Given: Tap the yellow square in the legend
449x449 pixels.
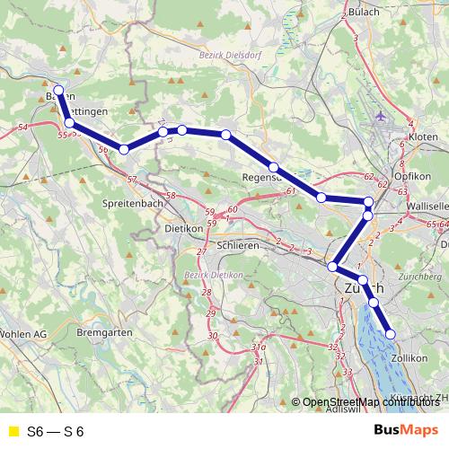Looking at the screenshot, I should (12, 432).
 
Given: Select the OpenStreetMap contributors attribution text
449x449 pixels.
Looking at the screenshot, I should (374, 401).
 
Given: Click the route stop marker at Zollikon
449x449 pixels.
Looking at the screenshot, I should (391, 334).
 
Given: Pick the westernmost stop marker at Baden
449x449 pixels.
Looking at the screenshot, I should (58, 91).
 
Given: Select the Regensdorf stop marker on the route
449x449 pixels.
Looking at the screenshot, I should (274, 167).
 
